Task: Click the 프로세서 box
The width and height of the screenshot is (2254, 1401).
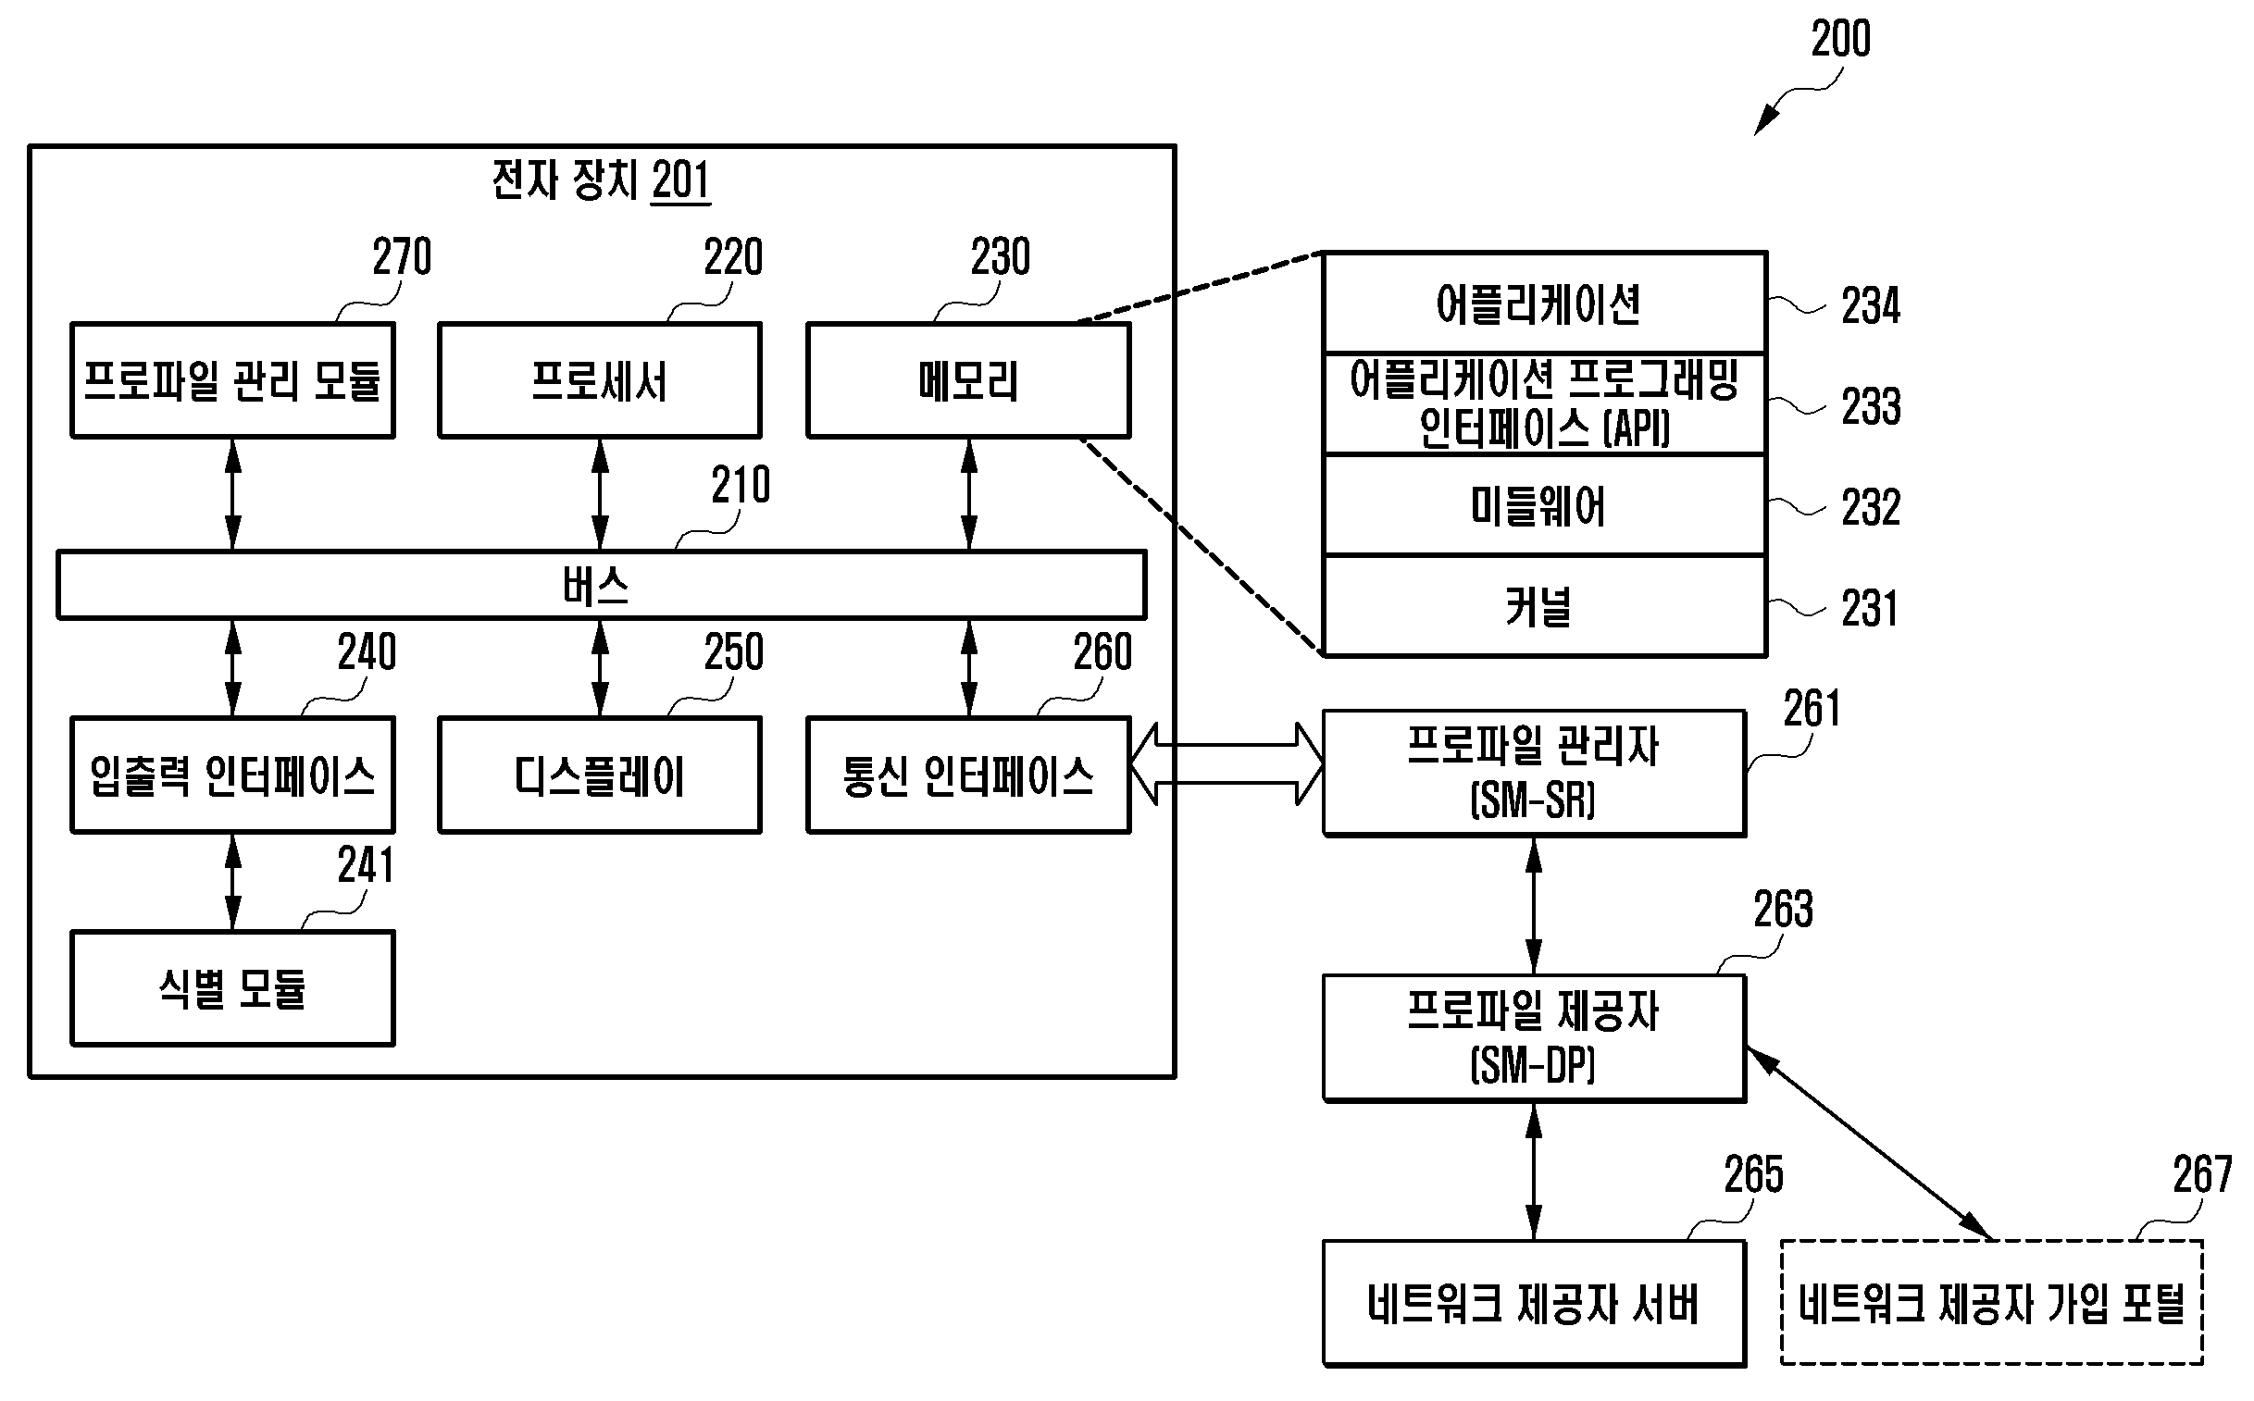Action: (600, 380)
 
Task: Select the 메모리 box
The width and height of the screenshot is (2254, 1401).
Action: (968, 380)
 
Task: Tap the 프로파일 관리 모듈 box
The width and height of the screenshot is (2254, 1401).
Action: (232, 380)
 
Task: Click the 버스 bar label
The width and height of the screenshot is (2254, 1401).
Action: (596, 586)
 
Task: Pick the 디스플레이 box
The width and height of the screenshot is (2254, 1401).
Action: (600, 775)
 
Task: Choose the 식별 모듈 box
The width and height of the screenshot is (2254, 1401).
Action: (232, 988)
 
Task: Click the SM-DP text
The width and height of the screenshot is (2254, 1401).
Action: (1533, 1066)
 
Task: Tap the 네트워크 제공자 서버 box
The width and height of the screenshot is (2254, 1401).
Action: (1533, 1304)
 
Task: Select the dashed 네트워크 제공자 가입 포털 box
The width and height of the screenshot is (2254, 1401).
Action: (1991, 1304)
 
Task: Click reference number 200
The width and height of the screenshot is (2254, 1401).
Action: (1840, 40)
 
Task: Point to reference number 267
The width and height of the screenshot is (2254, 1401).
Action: (2202, 1175)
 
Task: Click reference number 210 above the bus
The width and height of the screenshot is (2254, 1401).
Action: (741, 485)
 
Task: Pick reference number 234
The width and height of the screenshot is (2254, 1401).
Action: (1870, 305)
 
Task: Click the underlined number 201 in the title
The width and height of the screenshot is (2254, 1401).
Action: (680, 180)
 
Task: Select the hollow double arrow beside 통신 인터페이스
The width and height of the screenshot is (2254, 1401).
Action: (1227, 764)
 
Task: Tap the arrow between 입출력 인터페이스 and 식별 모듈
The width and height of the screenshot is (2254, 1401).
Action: (233, 882)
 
